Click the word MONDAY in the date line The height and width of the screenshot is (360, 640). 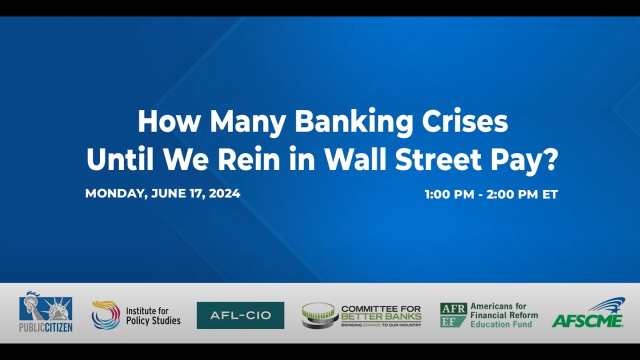point(114,193)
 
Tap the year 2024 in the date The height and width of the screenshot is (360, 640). point(224,193)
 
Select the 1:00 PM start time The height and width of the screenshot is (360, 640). point(449,194)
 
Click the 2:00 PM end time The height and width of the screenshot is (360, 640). point(512,194)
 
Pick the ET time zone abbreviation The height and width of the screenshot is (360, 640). point(550,194)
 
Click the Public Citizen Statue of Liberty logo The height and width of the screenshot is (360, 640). point(45,306)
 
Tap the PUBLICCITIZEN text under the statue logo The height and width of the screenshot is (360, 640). point(45,327)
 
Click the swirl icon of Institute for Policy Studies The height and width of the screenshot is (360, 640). point(106,315)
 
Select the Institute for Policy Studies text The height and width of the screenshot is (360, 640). point(153,315)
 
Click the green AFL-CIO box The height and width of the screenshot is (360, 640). point(240,315)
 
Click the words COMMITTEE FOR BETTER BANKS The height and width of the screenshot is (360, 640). point(381,313)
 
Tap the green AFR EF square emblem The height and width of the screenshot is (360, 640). point(453,315)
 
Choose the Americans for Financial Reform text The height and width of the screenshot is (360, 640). point(503,315)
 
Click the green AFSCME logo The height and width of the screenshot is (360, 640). point(588,313)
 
